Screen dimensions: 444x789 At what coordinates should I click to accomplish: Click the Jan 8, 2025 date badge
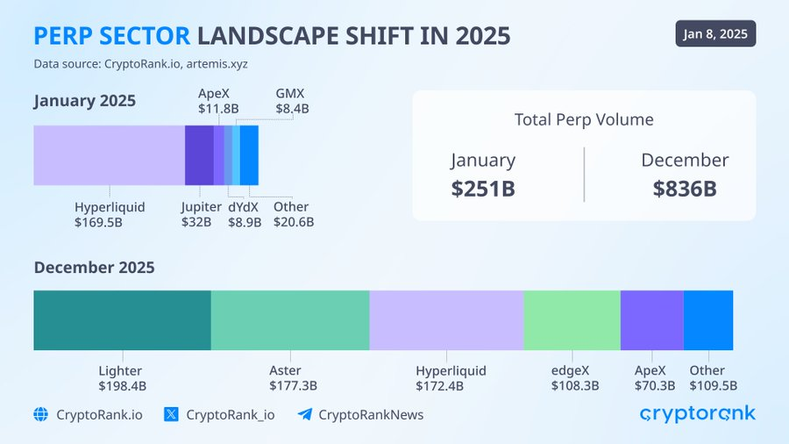pyautogui.click(x=715, y=33)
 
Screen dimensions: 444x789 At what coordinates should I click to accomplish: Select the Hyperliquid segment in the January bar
pyautogui.click(x=109, y=155)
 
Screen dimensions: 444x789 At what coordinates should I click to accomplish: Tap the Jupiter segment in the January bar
pyautogui.click(x=199, y=155)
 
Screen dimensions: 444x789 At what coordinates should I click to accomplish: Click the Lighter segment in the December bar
pyautogui.click(x=122, y=320)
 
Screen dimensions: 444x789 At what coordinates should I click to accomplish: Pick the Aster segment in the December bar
pyautogui.click(x=290, y=320)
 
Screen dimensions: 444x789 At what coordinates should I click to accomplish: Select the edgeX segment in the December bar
pyautogui.click(x=572, y=320)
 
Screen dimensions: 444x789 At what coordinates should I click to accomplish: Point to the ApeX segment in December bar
pyautogui.click(x=651, y=320)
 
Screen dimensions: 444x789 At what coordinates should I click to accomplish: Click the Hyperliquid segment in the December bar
pyautogui.click(x=446, y=320)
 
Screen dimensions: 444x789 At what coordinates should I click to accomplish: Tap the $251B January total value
pyautogui.click(x=483, y=188)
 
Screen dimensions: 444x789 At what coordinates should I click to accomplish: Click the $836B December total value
pyautogui.click(x=685, y=188)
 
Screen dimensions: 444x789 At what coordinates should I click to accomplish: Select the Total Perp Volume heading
pyautogui.click(x=584, y=120)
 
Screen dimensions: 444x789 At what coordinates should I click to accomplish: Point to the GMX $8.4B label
pyautogui.click(x=292, y=101)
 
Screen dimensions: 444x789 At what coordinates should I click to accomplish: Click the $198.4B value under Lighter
pyautogui.click(x=122, y=385)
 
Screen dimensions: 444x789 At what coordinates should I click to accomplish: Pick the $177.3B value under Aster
pyautogui.click(x=293, y=385)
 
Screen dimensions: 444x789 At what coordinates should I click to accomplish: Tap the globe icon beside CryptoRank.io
pyautogui.click(x=40, y=414)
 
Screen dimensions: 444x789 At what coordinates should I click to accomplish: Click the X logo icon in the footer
pyautogui.click(x=171, y=414)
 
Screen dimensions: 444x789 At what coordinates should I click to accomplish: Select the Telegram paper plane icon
pyautogui.click(x=304, y=414)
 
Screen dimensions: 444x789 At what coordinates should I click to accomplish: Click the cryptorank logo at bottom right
pyautogui.click(x=697, y=413)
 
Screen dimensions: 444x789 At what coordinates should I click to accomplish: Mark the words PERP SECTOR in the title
pyautogui.click(x=112, y=35)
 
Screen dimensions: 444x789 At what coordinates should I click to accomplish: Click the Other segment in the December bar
pyautogui.click(x=708, y=320)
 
